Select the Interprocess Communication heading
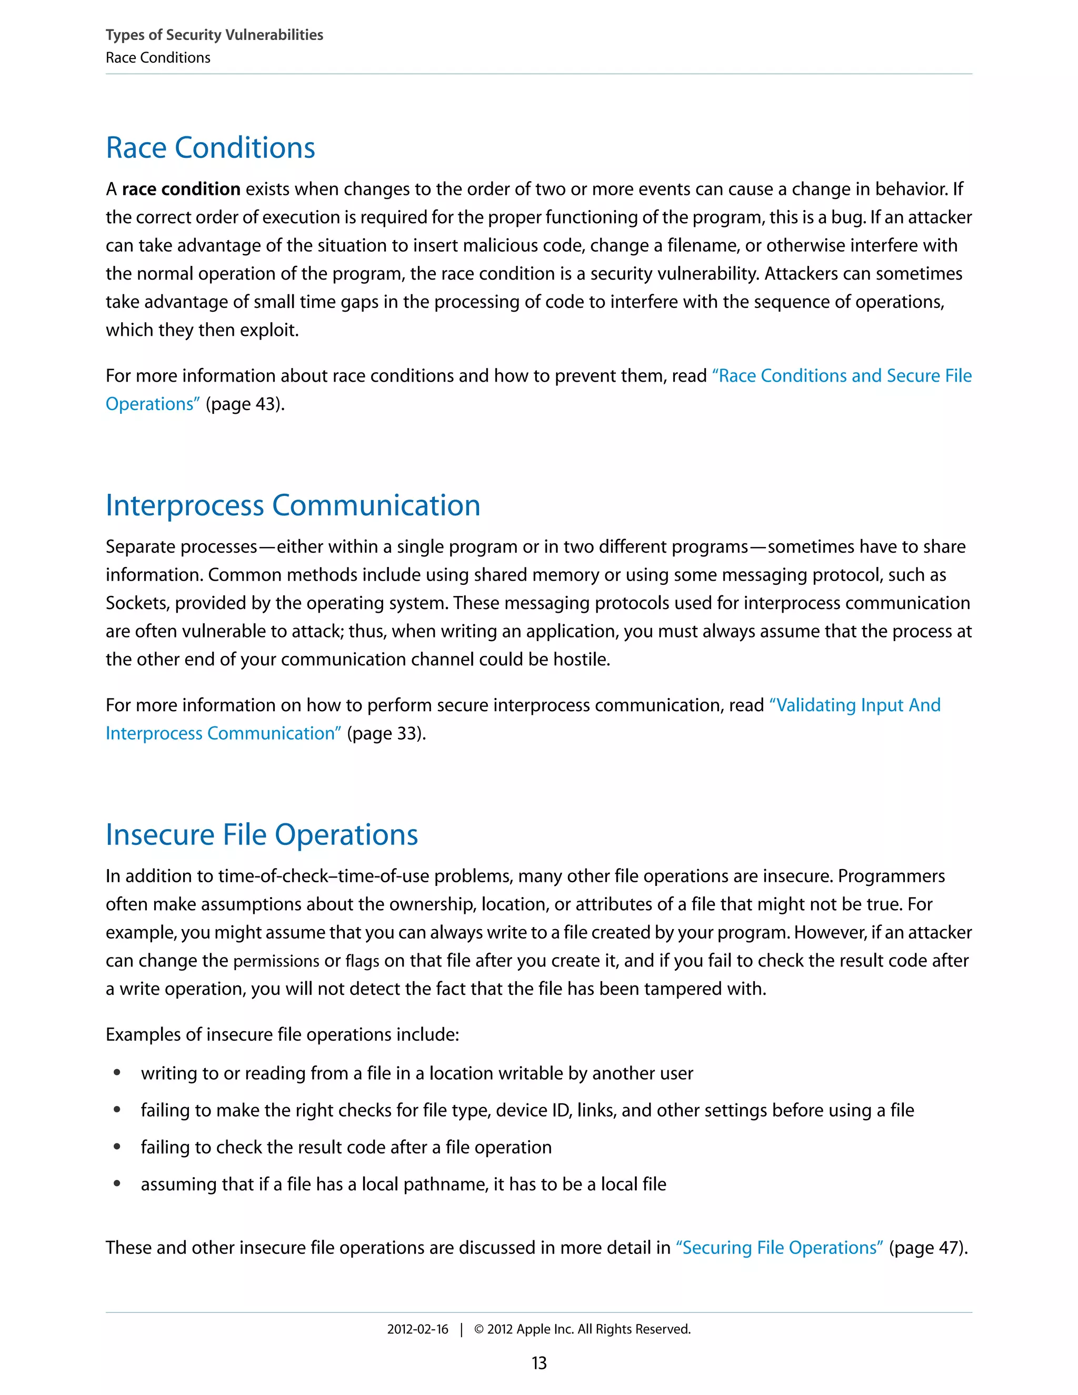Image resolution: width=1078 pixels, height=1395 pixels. pos(293,505)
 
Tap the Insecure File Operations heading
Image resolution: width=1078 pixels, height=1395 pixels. pos(261,835)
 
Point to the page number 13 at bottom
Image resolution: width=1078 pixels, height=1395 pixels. pos(539,1363)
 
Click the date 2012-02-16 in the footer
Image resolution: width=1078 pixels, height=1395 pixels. pos(417,1329)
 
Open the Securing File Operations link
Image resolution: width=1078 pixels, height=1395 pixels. pos(779,1248)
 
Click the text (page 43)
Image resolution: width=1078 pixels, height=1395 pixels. pos(245,404)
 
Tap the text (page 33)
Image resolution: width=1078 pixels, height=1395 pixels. pos(386,733)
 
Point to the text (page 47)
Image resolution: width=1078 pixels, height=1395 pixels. pos(928,1248)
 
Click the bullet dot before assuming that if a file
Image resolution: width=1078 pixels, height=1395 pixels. pos(117,1183)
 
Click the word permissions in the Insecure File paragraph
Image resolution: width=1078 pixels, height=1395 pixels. pos(276,961)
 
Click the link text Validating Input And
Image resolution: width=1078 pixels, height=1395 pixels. pos(854,705)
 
